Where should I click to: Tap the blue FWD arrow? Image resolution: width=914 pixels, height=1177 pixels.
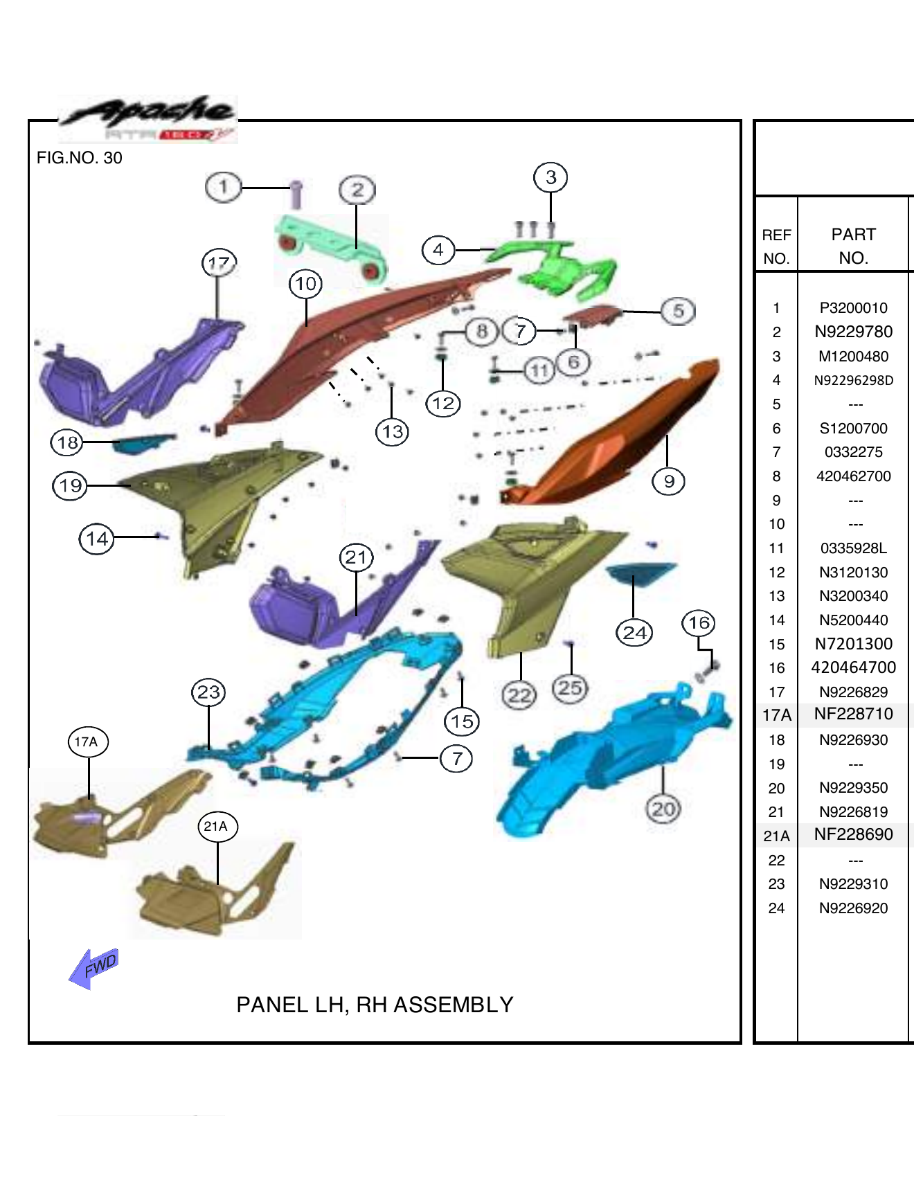click(95, 967)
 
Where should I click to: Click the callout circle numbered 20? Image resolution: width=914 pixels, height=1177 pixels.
click(663, 809)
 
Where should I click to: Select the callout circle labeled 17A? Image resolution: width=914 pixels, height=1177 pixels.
click(87, 742)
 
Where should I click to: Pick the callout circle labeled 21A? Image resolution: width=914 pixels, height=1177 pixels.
click(217, 826)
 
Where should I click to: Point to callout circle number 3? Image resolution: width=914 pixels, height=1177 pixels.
click(550, 177)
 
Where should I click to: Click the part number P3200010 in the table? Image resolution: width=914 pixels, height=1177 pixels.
click(853, 308)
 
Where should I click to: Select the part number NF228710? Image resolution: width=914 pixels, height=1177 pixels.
click(853, 714)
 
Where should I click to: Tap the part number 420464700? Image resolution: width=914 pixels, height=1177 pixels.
click(853, 667)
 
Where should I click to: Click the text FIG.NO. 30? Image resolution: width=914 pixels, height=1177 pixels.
click(79, 158)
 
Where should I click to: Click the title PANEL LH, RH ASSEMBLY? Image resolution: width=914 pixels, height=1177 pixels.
click(375, 1005)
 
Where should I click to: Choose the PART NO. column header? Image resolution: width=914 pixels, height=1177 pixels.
click(853, 246)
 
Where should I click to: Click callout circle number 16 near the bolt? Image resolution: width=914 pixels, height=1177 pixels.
click(699, 622)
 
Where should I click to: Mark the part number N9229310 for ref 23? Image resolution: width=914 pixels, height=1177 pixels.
click(853, 884)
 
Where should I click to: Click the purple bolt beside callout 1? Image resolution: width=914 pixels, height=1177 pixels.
click(296, 194)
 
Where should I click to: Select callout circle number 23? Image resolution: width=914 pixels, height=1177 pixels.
click(208, 692)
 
